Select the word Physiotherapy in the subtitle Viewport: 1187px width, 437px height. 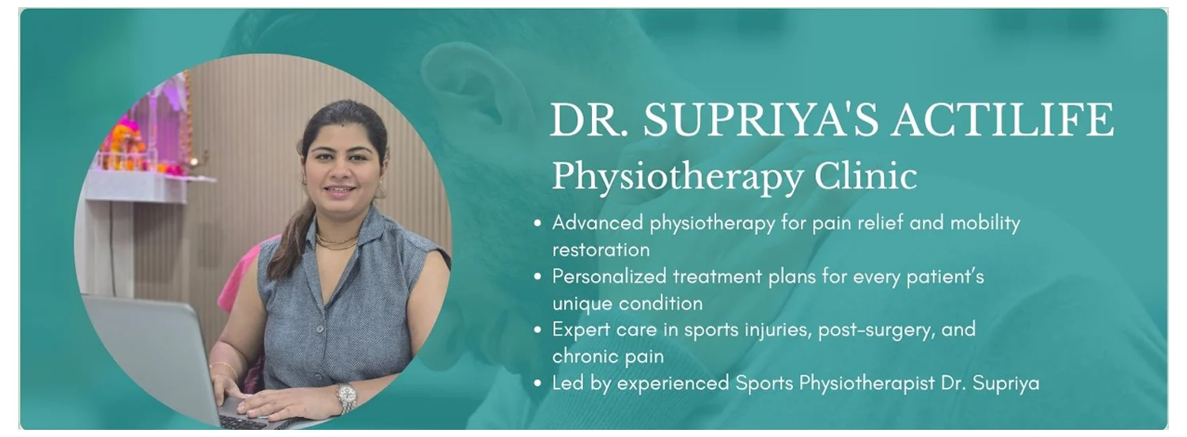677,177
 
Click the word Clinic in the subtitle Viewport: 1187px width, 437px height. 866,176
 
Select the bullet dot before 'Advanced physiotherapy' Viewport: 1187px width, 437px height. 538,223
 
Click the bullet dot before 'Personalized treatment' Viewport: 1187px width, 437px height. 538,277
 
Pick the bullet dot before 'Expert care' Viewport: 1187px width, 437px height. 538,330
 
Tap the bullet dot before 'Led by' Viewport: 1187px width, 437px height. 538,383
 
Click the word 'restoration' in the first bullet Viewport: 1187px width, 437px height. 601,250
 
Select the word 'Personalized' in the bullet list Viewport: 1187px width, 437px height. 609,277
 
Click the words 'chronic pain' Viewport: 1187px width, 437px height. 608,356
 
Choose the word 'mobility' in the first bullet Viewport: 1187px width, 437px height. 985,223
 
